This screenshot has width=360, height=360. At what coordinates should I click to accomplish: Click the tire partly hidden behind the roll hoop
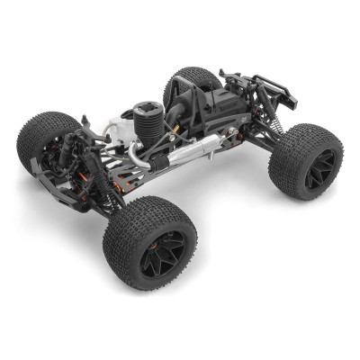[x=184, y=83]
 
